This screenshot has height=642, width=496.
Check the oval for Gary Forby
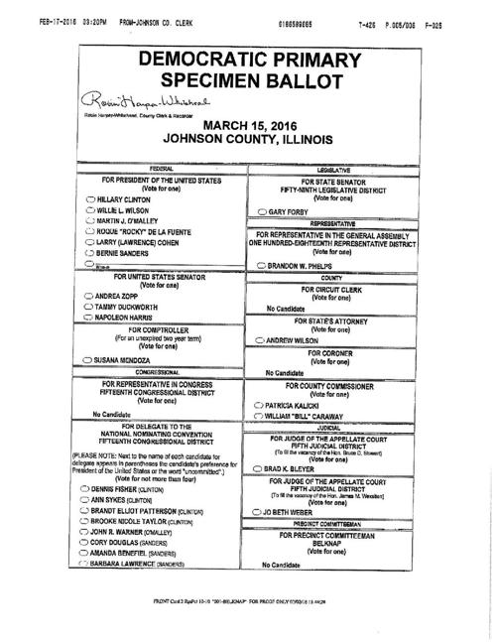pos(261,212)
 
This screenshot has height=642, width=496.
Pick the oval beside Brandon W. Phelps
pos(261,266)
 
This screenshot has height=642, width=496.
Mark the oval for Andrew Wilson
pos(261,340)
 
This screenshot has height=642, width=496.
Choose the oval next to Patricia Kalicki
pos(261,406)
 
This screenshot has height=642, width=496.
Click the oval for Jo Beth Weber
pos(261,513)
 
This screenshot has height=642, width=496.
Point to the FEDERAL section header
pos(161,170)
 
